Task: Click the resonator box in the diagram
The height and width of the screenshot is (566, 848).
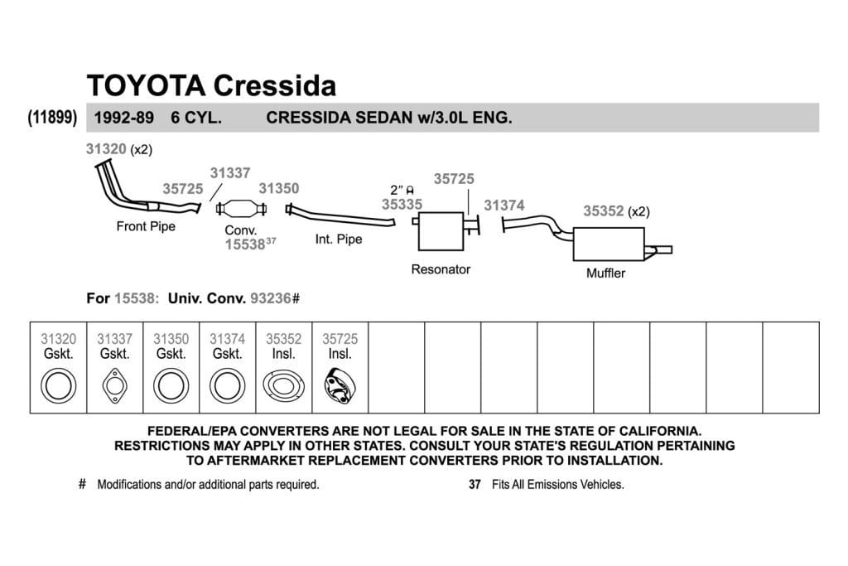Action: [x=441, y=231]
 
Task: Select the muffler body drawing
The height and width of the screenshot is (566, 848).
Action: [x=609, y=244]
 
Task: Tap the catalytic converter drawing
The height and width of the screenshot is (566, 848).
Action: [x=241, y=208]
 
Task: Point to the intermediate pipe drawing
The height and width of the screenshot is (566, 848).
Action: [x=340, y=215]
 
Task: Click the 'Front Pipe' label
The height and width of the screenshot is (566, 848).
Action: [x=146, y=226]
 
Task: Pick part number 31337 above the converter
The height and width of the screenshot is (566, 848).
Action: [x=230, y=173]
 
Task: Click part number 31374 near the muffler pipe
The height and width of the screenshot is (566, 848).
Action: [x=504, y=206]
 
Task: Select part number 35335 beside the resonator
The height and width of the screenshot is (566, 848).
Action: [x=402, y=205]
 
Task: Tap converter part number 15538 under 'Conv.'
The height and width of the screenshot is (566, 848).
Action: [x=245, y=244]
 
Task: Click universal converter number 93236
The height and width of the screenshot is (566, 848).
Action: [x=271, y=298]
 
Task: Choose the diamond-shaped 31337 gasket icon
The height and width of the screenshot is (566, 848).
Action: [x=114, y=386]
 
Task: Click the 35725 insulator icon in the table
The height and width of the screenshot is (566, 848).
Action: [x=340, y=386]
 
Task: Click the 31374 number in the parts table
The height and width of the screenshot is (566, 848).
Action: [x=227, y=339]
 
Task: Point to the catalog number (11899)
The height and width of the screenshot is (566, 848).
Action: [x=52, y=117]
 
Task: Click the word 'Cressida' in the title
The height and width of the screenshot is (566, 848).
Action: [x=275, y=85]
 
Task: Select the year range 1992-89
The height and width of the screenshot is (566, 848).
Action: [x=124, y=118]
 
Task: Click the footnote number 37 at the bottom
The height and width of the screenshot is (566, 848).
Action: [x=475, y=484]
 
